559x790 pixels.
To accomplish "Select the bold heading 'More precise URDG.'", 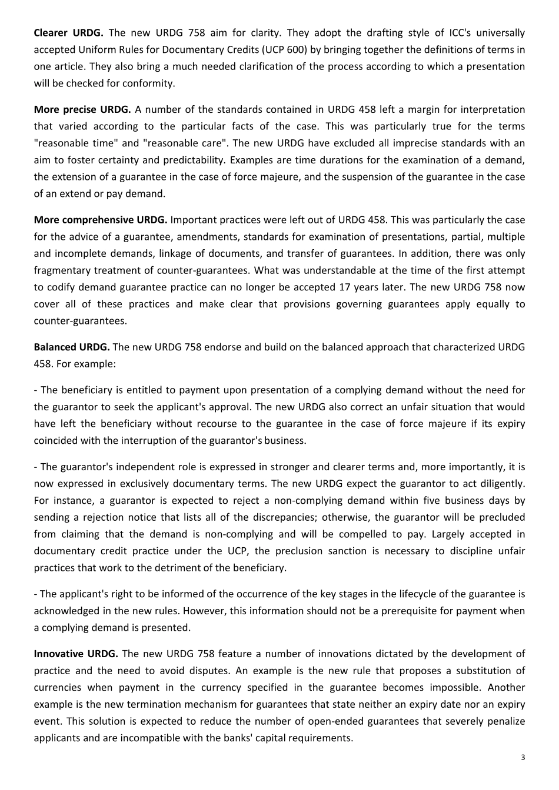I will (x=82, y=109).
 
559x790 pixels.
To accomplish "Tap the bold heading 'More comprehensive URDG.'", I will (x=101, y=220).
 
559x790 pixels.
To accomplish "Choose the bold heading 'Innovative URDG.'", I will (x=76, y=654).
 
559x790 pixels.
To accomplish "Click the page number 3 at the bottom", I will (x=523, y=757).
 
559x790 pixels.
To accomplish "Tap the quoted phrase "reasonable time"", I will (x=75, y=143).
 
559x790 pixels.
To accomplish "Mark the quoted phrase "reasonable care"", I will (x=178, y=143).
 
